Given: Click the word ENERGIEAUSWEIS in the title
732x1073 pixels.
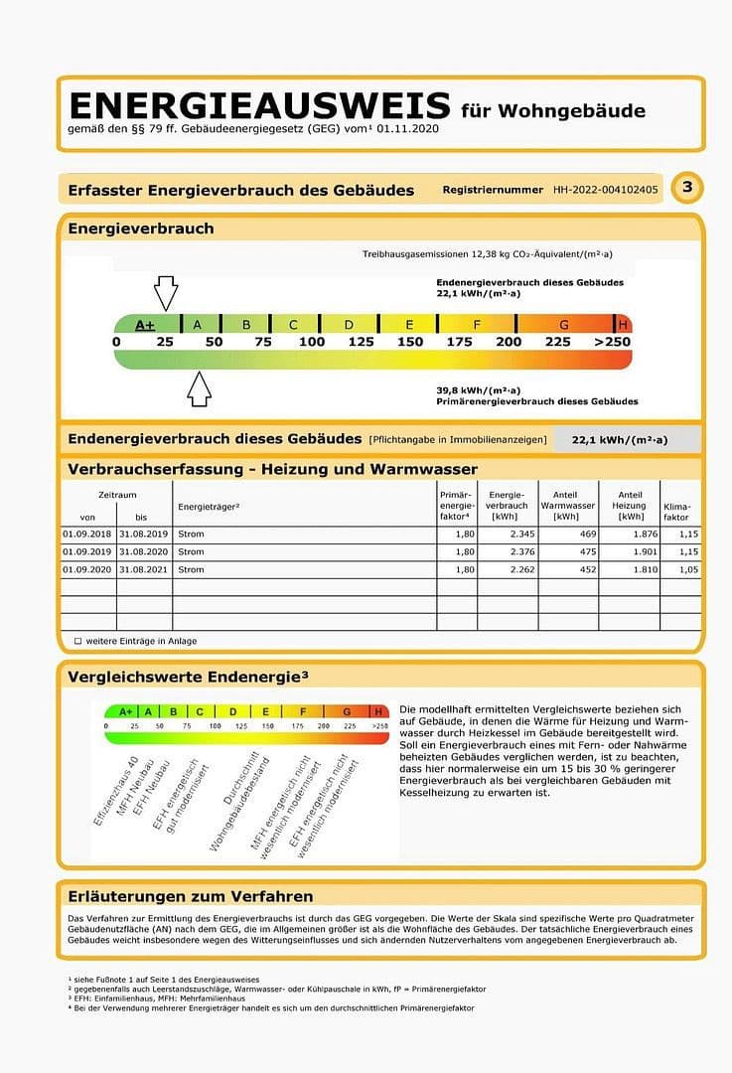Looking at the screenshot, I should pyautogui.click(x=258, y=105).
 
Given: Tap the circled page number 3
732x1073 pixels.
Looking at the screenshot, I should pyautogui.click(x=687, y=188).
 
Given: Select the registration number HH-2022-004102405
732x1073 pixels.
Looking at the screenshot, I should pyautogui.click(x=606, y=189).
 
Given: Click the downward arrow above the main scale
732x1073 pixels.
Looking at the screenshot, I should pyautogui.click(x=166, y=292).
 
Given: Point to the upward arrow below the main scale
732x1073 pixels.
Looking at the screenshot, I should pyautogui.click(x=200, y=388).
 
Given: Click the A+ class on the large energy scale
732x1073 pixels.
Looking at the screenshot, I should pyautogui.click(x=145, y=325).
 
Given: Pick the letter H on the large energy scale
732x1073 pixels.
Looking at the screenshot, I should pyautogui.click(x=623, y=325).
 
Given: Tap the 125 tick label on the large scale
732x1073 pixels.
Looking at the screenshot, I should pyautogui.click(x=361, y=342).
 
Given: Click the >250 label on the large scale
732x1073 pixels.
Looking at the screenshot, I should pyautogui.click(x=611, y=342).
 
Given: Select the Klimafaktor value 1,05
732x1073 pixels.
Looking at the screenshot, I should pyautogui.click(x=688, y=569).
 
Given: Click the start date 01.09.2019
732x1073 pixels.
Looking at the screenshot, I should pyautogui.click(x=87, y=551).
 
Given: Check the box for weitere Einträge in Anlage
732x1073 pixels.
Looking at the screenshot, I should pyautogui.click(x=77, y=641).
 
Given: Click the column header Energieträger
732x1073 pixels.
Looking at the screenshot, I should pyautogui.click(x=209, y=508).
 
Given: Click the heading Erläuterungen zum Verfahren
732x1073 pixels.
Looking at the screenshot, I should pyautogui.click(x=191, y=896).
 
